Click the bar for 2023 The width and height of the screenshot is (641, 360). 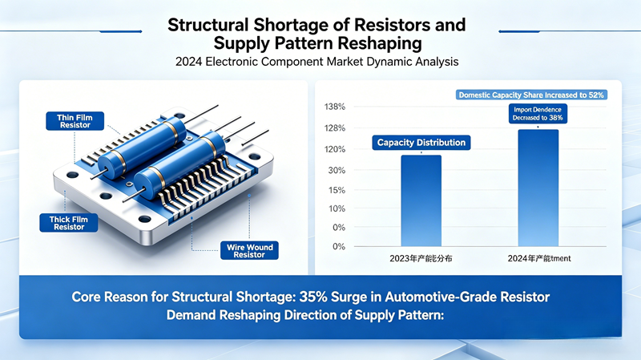[x=421, y=200]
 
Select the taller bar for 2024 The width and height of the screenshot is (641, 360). [x=538, y=188]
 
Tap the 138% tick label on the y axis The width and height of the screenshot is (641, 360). [x=335, y=107]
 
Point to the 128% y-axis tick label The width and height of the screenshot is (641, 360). [x=335, y=128]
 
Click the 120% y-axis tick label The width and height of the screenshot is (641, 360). [x=335, y=149]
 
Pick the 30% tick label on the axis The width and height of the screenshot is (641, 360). [x=337, y=170]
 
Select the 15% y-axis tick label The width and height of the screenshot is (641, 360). [x=337, y=190]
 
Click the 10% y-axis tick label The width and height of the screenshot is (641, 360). [x=337, y=208]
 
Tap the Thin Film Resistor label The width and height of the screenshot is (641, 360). [x=75, y=121]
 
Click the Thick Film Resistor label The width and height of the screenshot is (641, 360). [x=68, y=221]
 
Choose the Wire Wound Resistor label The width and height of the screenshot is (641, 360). [x=249, y=251]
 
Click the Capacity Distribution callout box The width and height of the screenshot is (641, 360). [x=421, y=142]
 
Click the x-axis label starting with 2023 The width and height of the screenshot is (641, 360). [x=421, y=258]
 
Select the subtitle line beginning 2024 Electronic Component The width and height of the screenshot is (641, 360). [x=320, y=61]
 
